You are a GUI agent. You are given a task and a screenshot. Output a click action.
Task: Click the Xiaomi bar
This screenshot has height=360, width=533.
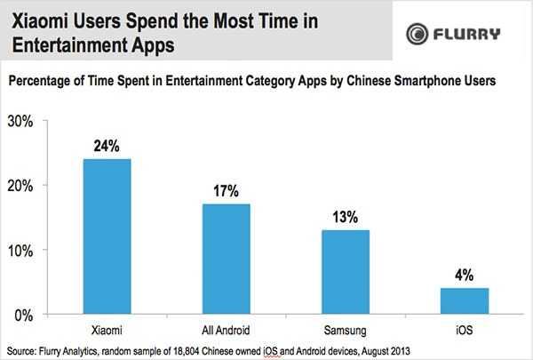point(107,236)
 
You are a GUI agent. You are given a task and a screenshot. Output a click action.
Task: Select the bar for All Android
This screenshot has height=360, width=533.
point(226,259)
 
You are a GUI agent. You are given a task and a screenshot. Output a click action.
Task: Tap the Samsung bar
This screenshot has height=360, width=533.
point(344,271)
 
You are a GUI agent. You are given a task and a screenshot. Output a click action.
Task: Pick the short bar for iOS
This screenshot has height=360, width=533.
point(463,300)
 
